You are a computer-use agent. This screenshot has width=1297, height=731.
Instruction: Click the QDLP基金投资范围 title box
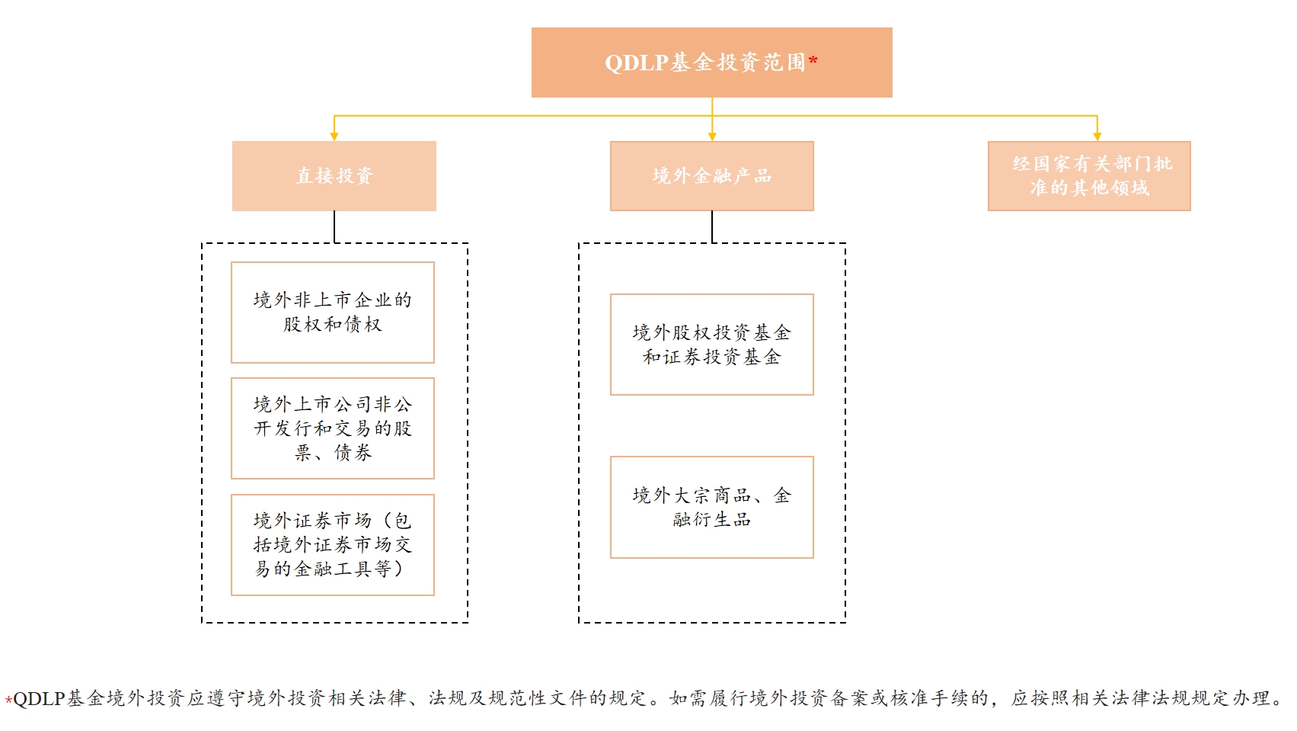pyautogui.click(x=711, y=62)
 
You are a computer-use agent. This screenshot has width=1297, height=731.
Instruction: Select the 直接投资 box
pyautogui.click(x=334, y=175)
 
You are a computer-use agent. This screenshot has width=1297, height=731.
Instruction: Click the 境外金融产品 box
pyautogui.click(x=711, y=175)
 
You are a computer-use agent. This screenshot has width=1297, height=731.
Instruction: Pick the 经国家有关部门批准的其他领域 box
pyautogui.click(x=1089, y=175)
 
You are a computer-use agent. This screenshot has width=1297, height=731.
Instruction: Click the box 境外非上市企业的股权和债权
pyautogui.click(x=332, y=313)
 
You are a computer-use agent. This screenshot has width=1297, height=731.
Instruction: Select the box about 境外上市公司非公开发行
pyautogui.click(x=332, y=428)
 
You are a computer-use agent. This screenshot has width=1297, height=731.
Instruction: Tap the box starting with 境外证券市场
pyautogui.click(x=332, y=545)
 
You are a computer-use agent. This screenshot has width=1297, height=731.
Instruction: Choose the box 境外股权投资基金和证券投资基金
pyautogui.click(x=711, y=345)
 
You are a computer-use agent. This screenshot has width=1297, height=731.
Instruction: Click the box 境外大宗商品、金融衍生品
pyautogui.click(x=711, y=507)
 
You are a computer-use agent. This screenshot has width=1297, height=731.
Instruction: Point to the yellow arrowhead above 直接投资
pyautogui.click(x=334, y=136)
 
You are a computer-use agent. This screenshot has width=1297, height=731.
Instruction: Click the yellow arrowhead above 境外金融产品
pyautogui.click(x=712, y=136)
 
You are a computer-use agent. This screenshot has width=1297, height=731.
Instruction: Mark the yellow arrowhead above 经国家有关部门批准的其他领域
pyautogui.click(x=1097, y=136)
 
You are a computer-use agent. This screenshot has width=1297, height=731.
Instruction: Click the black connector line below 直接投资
pyautogui.click(x=334, y=226)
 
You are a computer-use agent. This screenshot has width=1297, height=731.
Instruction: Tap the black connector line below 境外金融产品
pyautogui.click(x=712, y=226)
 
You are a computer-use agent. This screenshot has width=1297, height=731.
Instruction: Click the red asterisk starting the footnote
pyautogui.click(x=8, y=701)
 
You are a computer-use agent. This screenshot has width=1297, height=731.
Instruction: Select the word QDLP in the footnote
pyautogui.click(x=39, y=698)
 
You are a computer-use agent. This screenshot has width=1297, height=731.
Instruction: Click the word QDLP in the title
pyautogui.click(x=637, y=63)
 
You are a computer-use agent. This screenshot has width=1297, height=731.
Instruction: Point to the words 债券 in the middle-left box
pyautogui.click(x=353, y=452)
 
